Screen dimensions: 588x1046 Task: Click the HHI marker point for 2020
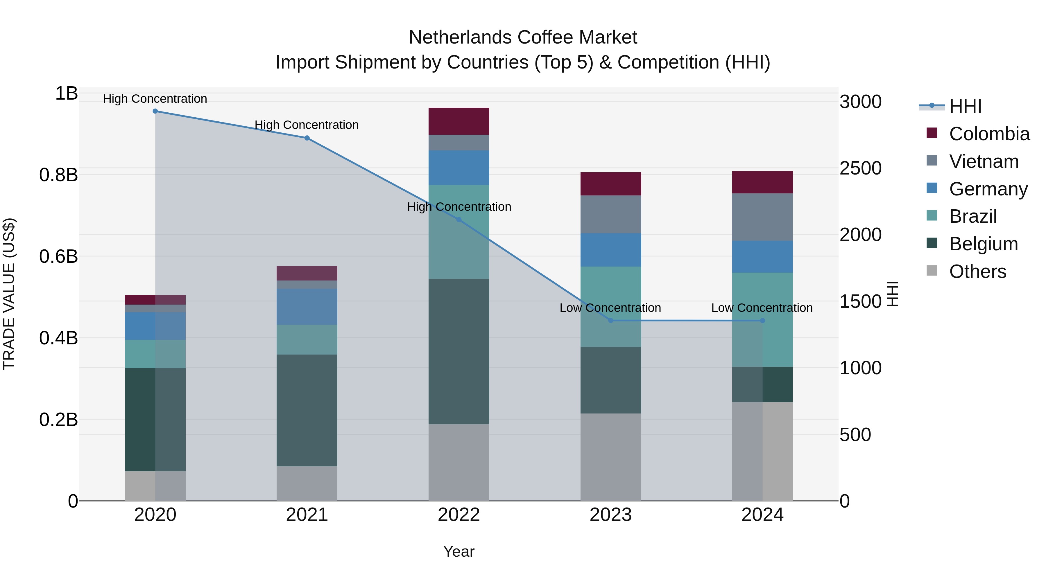155,111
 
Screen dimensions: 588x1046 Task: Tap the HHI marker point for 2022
459,220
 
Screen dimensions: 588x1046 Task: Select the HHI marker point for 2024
763,321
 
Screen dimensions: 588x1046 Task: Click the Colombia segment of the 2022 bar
459,121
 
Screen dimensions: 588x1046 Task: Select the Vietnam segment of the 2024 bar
763,217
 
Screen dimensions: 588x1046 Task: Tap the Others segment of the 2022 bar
459,463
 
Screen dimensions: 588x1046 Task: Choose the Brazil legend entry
972,216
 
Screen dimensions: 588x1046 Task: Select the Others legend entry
977,271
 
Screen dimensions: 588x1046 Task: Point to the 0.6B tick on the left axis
58,256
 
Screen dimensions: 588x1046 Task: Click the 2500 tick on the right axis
860,168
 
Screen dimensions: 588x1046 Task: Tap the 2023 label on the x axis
611,515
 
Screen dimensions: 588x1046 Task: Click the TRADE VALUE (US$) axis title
9,294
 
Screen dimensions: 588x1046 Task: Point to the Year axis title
459,551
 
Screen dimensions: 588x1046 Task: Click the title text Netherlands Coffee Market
523,37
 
